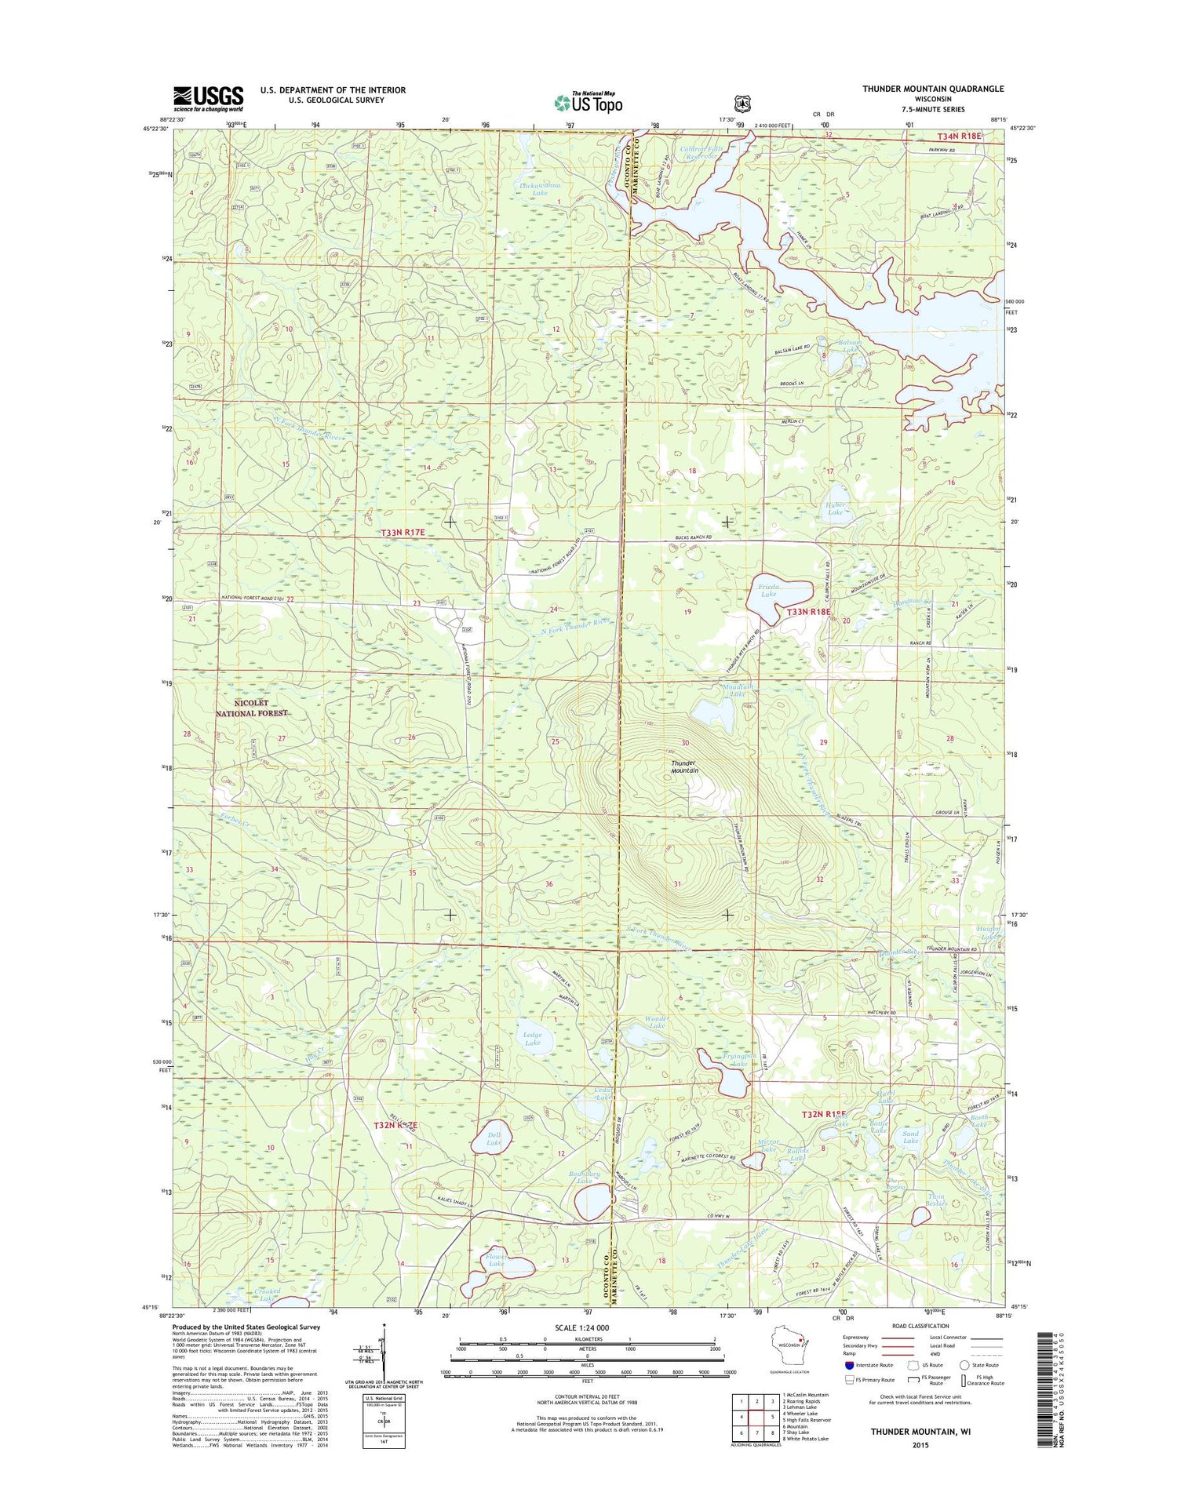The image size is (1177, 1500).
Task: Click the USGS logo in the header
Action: pyautogui.click(x=208, y=97)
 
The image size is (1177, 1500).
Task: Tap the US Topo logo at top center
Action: pyautogui.click(x=588, y=103)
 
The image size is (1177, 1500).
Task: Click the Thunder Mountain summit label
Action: pyautogui.click(x=684, y=766)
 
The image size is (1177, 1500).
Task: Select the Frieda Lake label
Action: pyautogui.click(x=768, y=590)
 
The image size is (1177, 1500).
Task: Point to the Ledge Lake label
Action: pyautogui.click(x=532, y=1039)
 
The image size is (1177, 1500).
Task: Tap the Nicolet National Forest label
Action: pyautogui.click(x=252, y=708)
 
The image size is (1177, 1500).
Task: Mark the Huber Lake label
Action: pyautogui.click(x=835, y=508)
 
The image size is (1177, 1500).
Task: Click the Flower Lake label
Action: pyautogui.click(x=495, y=1282)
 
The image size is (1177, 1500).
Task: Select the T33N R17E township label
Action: pyautogui.click(x=403, y=533)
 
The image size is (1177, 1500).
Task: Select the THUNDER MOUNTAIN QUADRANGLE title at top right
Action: pyautogui.click(x=933, y=89)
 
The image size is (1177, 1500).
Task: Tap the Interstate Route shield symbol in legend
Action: pyautogui.click(x=850, y=1365)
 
